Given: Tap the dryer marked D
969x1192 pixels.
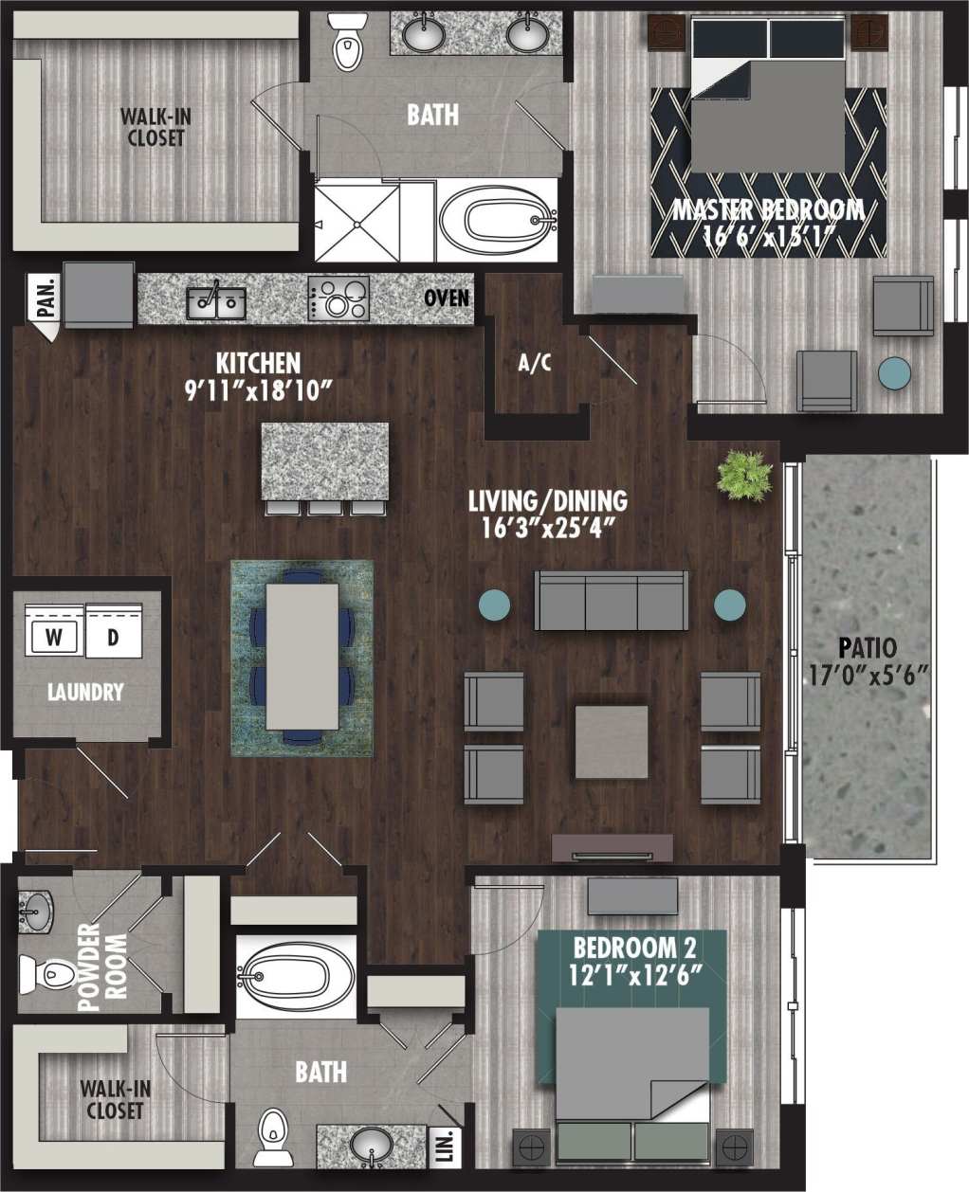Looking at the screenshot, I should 113,638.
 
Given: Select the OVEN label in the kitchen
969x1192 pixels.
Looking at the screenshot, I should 447,298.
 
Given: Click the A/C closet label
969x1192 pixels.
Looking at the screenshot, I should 535,363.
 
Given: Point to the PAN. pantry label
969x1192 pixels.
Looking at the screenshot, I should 46,299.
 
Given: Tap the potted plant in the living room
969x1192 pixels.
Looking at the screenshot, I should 745,474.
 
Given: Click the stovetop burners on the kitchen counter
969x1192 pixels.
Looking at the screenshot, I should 338,299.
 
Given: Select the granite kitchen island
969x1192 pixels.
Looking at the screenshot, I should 325,461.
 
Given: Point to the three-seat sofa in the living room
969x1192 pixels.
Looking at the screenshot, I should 612,601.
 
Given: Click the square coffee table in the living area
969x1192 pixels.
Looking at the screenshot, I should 612,741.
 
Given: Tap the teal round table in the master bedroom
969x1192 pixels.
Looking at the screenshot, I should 894,372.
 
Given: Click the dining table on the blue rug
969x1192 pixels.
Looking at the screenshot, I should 302,656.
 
